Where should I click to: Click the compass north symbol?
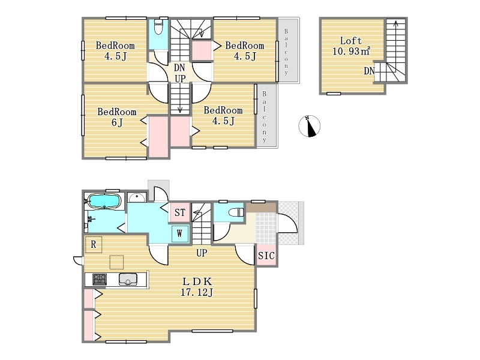310,126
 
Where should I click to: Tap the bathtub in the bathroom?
104,202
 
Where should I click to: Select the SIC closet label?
266,256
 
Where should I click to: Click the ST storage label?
180,212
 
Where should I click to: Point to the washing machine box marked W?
180,234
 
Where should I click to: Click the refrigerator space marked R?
94,245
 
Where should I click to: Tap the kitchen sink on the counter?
128,279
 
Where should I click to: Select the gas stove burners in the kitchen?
100,279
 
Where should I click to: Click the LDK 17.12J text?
197,287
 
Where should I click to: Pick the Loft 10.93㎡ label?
352,46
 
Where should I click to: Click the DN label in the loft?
369,71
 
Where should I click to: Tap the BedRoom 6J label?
117,117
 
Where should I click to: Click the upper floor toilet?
158,27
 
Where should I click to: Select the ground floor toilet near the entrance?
236,212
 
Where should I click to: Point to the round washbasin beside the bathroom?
137,198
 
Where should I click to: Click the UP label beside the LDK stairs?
202,253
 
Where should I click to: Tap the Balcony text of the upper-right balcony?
286,52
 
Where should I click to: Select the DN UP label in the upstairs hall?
179,73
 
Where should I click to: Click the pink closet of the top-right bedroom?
202,51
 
